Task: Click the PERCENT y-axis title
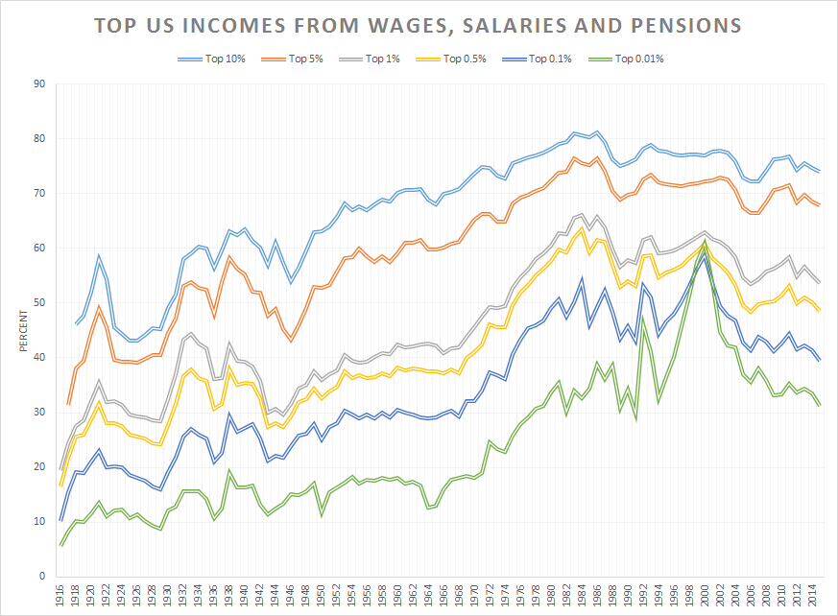25,329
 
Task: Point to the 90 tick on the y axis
39,83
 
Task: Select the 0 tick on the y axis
42,576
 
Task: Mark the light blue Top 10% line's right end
819,171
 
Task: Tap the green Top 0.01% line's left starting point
61,545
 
